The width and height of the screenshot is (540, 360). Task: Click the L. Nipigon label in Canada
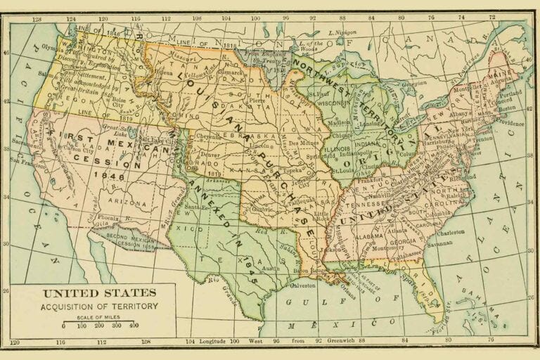click(x=341, y=33)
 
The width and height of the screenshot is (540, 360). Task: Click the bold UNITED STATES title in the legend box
click(x=99, y=293)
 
